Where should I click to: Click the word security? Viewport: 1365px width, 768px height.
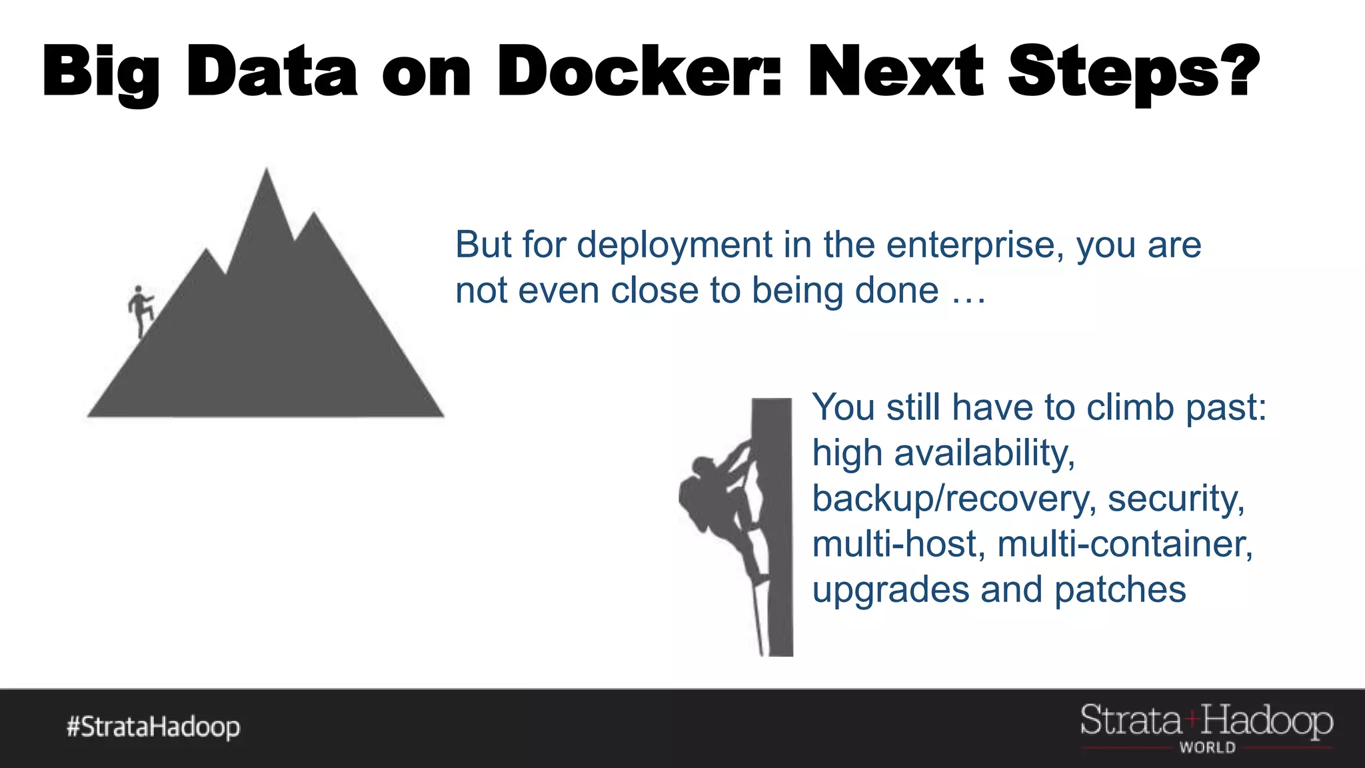pos(1176,499)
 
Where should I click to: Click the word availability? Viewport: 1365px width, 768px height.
pos(984,453)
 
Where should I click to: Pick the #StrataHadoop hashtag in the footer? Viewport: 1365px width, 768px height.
pos(153,727)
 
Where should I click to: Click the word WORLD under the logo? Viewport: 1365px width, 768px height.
pos(1207,747)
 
